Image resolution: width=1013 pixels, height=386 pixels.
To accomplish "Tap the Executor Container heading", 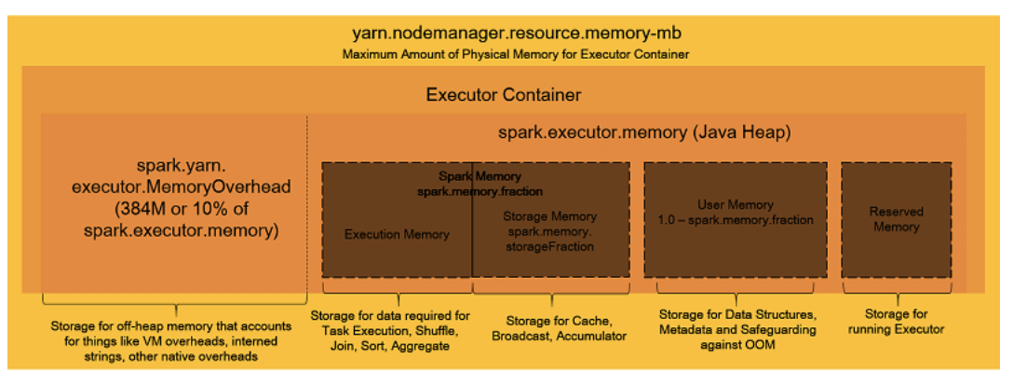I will click(503, 94).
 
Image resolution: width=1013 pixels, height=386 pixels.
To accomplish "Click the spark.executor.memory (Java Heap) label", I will click(644, 133).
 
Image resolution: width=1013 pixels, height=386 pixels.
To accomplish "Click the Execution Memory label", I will click(397, 234).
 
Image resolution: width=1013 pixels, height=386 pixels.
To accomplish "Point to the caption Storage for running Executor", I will click(897, 322).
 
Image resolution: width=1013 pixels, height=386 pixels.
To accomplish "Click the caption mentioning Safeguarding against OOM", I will click(736, 329).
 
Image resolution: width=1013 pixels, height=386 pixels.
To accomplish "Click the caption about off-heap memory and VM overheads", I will click(175, 339).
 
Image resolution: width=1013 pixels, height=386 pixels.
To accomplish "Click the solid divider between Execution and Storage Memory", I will click(472, 224).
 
